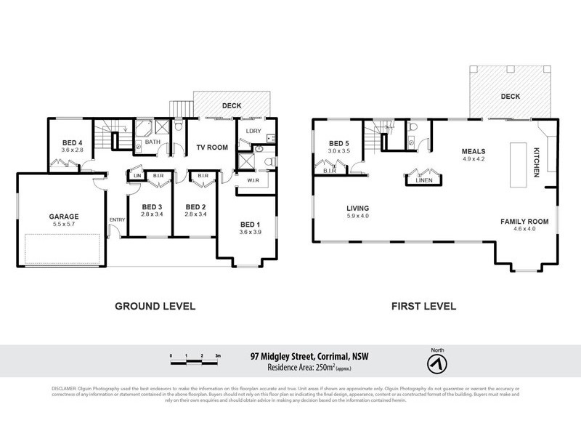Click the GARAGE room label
(64, 216)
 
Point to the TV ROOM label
(212, 148)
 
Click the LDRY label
(253, 131)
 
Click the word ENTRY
(116, 220)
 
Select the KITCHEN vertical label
(537, 159)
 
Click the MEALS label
(474, 152)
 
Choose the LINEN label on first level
(423, 179)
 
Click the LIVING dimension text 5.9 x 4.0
(359, 216)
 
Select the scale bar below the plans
(195, 356)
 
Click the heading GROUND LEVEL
(155, 306)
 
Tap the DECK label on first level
(510, 96)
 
